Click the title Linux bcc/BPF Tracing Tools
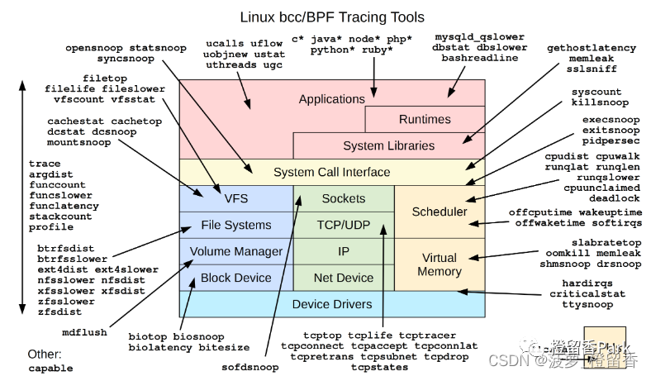point(331,17)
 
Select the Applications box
point(331,99)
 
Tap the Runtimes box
point(425,119)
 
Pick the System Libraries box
point(388,145)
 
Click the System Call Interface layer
point(331,172)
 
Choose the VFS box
point(235,198)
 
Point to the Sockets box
point(343,198)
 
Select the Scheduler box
point(439,212)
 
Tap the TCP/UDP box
point(343,225)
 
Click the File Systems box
point(235,225)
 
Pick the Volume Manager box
point(235,251)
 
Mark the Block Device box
point(235,278)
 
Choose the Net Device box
point(343,278)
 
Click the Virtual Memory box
point(439,264)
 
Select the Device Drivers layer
point(331,304)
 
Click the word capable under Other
point(50,369)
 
